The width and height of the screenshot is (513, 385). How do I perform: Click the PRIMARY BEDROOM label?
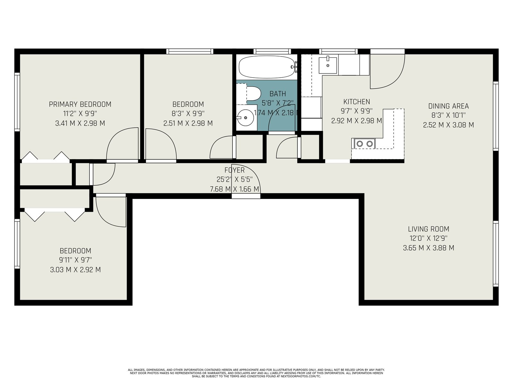pyautogui.click(x=80, y=104)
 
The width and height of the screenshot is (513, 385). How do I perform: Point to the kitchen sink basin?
pyautogui.click(x=328, y=65)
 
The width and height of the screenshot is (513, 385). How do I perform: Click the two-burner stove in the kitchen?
pyautogui.click(x=365, y=143)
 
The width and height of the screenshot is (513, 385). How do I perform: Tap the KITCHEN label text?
pyautogui.click(x=357, y=102)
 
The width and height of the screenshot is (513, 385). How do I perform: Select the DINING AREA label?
pyautogui.click(x=449, y=106)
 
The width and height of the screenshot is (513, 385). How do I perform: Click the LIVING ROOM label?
pyautogui.click(x=429, y=229)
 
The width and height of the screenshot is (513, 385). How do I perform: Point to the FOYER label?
pyautogui.click(x=234, y=170)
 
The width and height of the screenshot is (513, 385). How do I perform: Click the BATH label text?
pyautogui.click(x=278, y=94)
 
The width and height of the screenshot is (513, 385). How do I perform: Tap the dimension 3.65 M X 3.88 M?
pyautogui.click(x=429, y=248)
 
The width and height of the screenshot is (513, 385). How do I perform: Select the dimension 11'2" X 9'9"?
pyautogui.click(x=80, y=114)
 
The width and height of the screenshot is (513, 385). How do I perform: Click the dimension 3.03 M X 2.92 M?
pyautogui.click(x=75, y=270)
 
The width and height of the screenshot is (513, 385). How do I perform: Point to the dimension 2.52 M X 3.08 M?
pyautogui.click(x=449, y=125)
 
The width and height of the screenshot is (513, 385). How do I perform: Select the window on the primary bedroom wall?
pyautogui.click(x=17, y=102)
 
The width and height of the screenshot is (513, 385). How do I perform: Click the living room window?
pyautogui.click(x=496, y=253)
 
